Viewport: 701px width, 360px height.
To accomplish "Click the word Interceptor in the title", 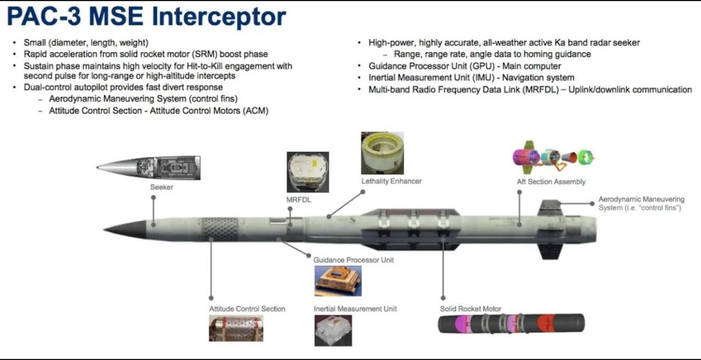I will point(218,16).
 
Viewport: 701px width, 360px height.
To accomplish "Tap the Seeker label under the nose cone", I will point(162,187).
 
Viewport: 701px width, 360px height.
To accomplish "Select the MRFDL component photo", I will point(308,172).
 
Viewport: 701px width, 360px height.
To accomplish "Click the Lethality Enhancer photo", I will point(382,153).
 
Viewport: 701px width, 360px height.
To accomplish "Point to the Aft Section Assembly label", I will point(551,182).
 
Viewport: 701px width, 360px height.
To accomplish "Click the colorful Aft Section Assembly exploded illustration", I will point(553,158).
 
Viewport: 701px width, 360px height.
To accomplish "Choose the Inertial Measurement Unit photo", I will point(333,330).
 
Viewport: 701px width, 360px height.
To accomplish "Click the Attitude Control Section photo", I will point(235,328).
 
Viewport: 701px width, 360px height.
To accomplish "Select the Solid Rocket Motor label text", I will point(470,309).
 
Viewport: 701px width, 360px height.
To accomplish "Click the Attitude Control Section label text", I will point(247,309).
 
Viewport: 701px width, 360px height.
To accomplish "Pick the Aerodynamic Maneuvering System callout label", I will point(641,203).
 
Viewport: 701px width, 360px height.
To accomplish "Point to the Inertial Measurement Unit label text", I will point(355,309).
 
